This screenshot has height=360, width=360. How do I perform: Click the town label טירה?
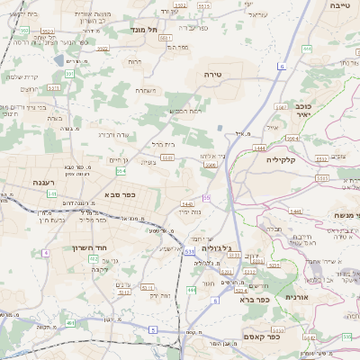212,72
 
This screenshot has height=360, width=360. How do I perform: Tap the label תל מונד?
145,30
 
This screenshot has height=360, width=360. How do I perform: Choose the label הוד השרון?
89,247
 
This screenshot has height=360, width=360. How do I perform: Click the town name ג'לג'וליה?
217,247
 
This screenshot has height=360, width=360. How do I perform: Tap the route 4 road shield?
44,252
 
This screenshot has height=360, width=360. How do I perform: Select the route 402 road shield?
92,259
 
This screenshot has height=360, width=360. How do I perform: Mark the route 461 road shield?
69,322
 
